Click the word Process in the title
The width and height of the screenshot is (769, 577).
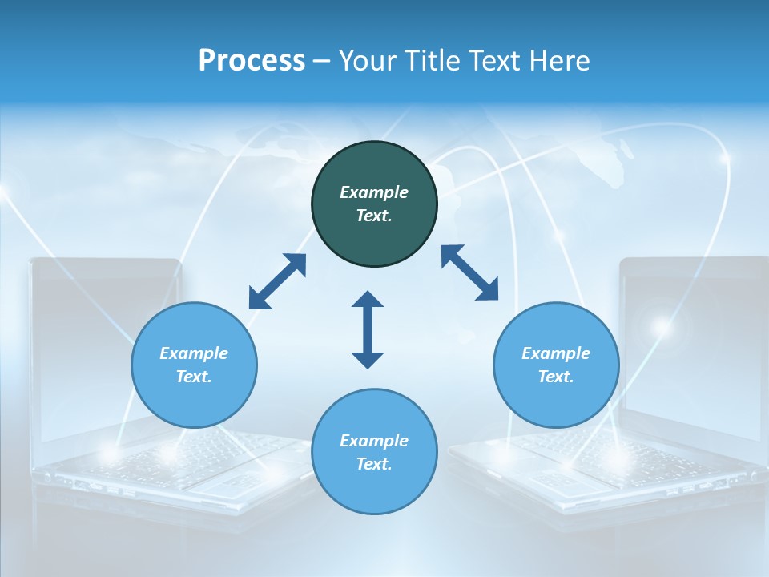click(x=252, y=61)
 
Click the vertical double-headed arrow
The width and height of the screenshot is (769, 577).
click(x=368, y=329)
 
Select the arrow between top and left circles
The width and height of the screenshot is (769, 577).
click(x=277, y=281)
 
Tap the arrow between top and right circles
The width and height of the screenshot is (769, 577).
click(x=469, y=272)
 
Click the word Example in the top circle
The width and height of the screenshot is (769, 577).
click(x=374, y=192)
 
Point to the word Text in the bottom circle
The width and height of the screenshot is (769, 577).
click(x=372, y=464)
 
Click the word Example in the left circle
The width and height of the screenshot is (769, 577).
click(x=194, y=353)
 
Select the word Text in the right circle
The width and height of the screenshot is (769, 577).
click(x=554, y=377)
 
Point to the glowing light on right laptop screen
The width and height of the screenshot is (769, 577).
click(x=662, y=326)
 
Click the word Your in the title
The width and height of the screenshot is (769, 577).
click(x=368, y=61)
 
